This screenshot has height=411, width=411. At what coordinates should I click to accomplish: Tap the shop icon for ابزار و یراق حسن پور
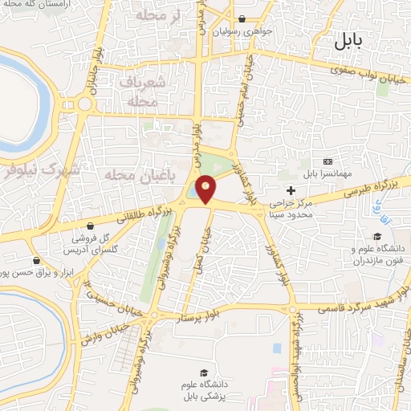pyautogui.click(x=35, y=261)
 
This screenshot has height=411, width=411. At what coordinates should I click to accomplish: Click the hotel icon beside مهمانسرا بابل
pyautogui.click(x=327, y=161)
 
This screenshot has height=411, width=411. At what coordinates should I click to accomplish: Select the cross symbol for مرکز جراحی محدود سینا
pyautogui.click(x=291, y=190)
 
